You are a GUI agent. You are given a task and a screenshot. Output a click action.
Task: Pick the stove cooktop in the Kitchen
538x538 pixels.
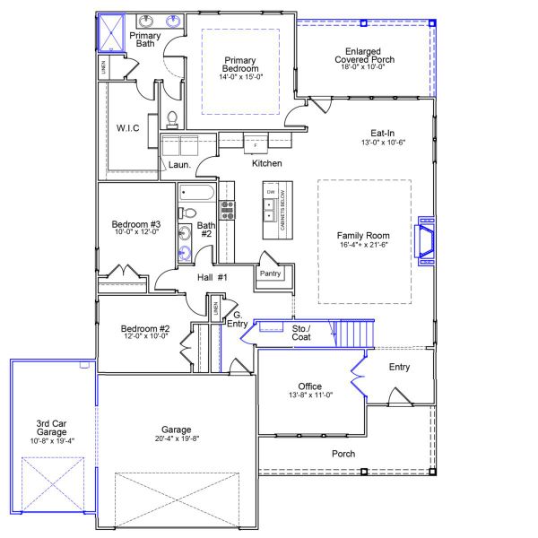point(228,210)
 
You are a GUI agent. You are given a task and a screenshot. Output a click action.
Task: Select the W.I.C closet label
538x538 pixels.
point(127,128)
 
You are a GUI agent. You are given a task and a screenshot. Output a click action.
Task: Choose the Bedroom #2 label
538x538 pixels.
point(145,329)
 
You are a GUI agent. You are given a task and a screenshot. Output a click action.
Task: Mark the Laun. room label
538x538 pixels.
point(178,165)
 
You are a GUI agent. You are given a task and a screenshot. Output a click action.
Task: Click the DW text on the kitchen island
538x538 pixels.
point(270,192)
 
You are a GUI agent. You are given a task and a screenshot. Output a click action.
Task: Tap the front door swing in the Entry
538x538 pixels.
point(397,395)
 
